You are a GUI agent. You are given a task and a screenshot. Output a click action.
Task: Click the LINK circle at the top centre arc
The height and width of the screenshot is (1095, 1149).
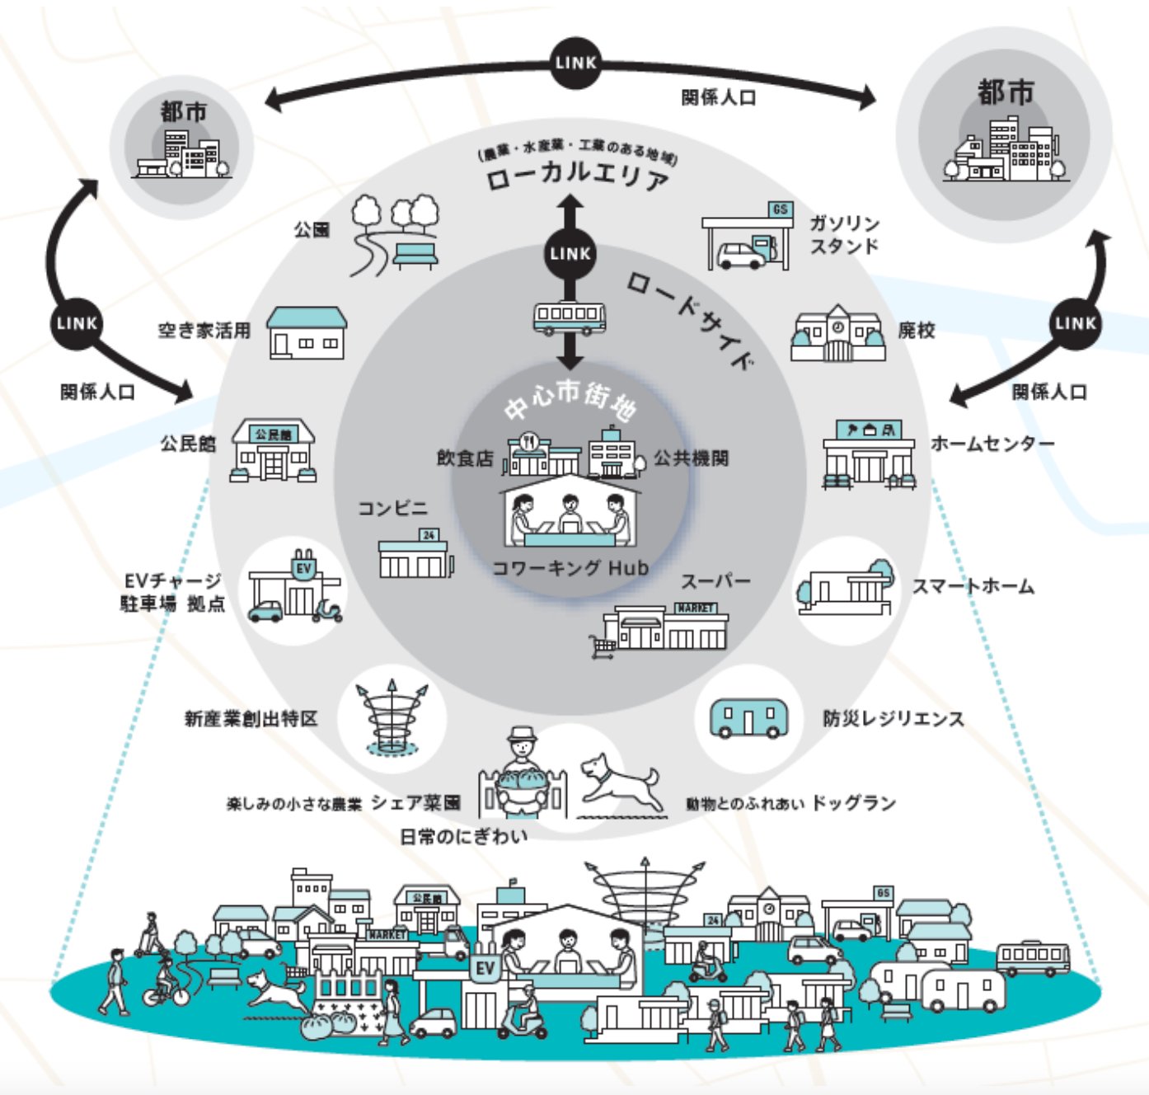click(575, 63)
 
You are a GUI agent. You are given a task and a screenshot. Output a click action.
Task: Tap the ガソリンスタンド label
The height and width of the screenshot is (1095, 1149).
click(844, 235)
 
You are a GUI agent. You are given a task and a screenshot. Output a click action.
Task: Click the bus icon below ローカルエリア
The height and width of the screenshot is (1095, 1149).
click(570, 317)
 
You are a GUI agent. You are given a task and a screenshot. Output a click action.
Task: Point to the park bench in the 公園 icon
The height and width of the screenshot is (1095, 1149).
click(415, 255)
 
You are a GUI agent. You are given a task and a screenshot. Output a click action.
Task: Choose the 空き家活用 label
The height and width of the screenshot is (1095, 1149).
click(204, 331)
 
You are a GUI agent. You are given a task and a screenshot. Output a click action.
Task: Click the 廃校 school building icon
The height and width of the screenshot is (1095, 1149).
click(837, 334)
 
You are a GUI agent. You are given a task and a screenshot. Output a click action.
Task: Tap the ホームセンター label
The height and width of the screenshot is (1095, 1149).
click(992, 444)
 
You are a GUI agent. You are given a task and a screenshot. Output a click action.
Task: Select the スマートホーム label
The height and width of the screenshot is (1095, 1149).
click(973, 586)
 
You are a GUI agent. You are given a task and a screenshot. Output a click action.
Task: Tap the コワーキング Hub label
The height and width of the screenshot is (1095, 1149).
click(570, 568)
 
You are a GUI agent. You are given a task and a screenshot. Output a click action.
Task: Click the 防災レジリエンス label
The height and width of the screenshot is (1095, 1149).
click(893, 718)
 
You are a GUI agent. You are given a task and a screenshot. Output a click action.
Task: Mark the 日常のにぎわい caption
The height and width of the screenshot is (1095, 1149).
click(463, 837)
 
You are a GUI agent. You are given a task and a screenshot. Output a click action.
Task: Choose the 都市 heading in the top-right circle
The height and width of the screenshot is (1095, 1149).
click(1006, 92)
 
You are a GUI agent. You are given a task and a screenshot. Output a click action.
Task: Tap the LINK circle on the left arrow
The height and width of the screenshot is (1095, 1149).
click(77, 323)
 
